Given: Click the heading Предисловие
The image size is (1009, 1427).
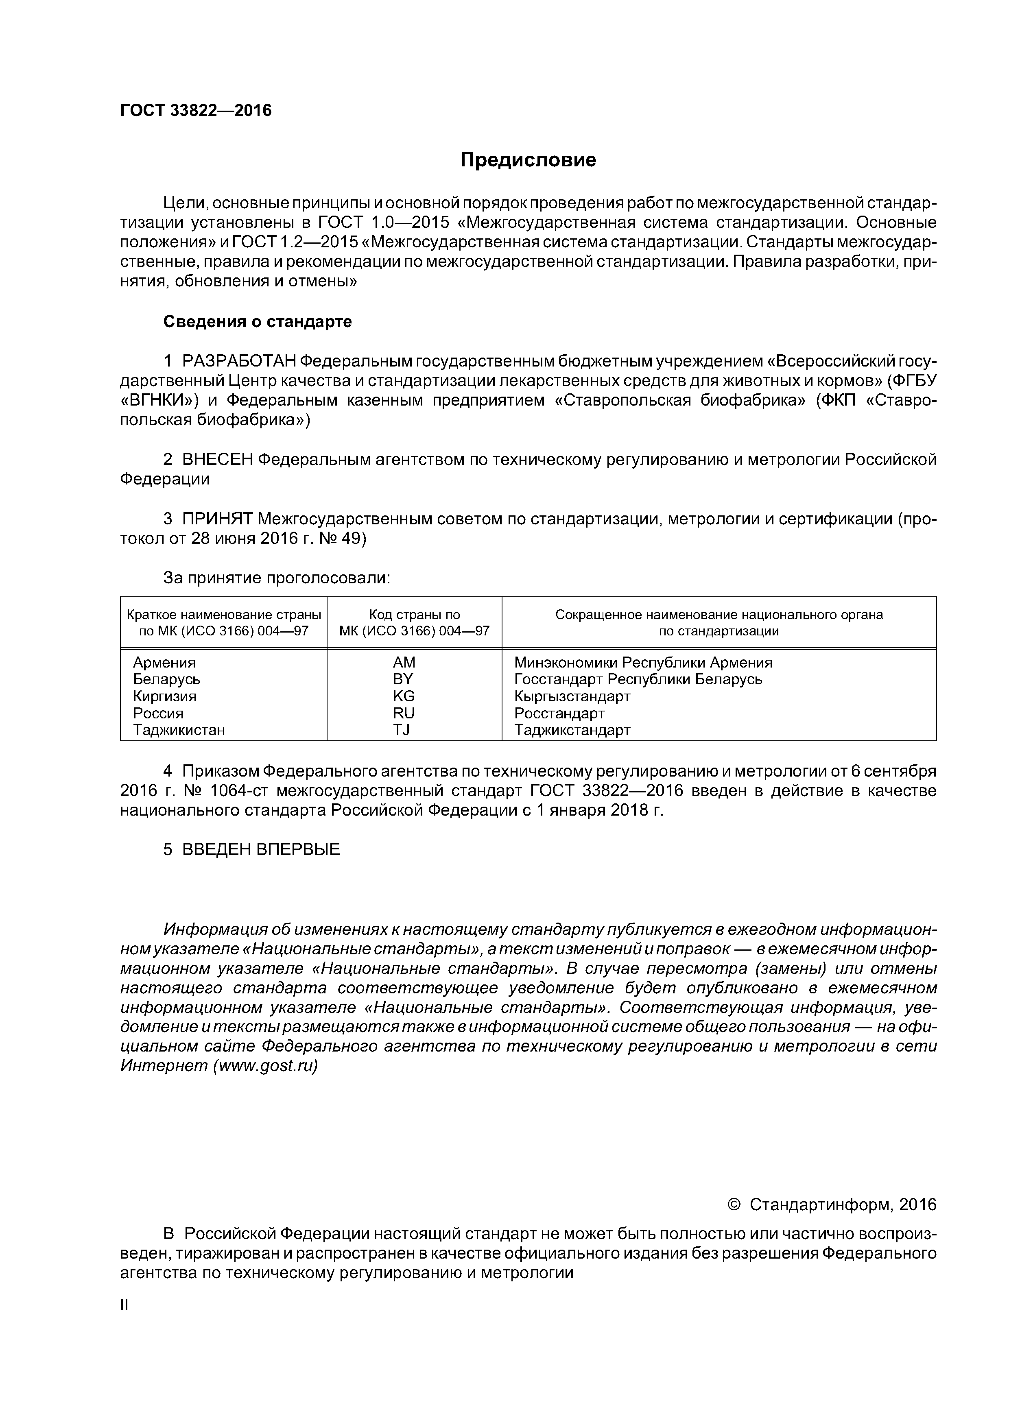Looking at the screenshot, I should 528,160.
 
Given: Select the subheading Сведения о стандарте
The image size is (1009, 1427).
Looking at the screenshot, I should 258,321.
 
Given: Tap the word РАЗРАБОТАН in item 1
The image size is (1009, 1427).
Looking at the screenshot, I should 239,361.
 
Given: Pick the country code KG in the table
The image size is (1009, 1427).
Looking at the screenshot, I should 404,696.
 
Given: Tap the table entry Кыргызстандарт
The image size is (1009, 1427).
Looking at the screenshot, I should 572,696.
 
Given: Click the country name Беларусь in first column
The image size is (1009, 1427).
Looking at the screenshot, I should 167,679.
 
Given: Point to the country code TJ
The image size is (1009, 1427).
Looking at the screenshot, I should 402,730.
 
